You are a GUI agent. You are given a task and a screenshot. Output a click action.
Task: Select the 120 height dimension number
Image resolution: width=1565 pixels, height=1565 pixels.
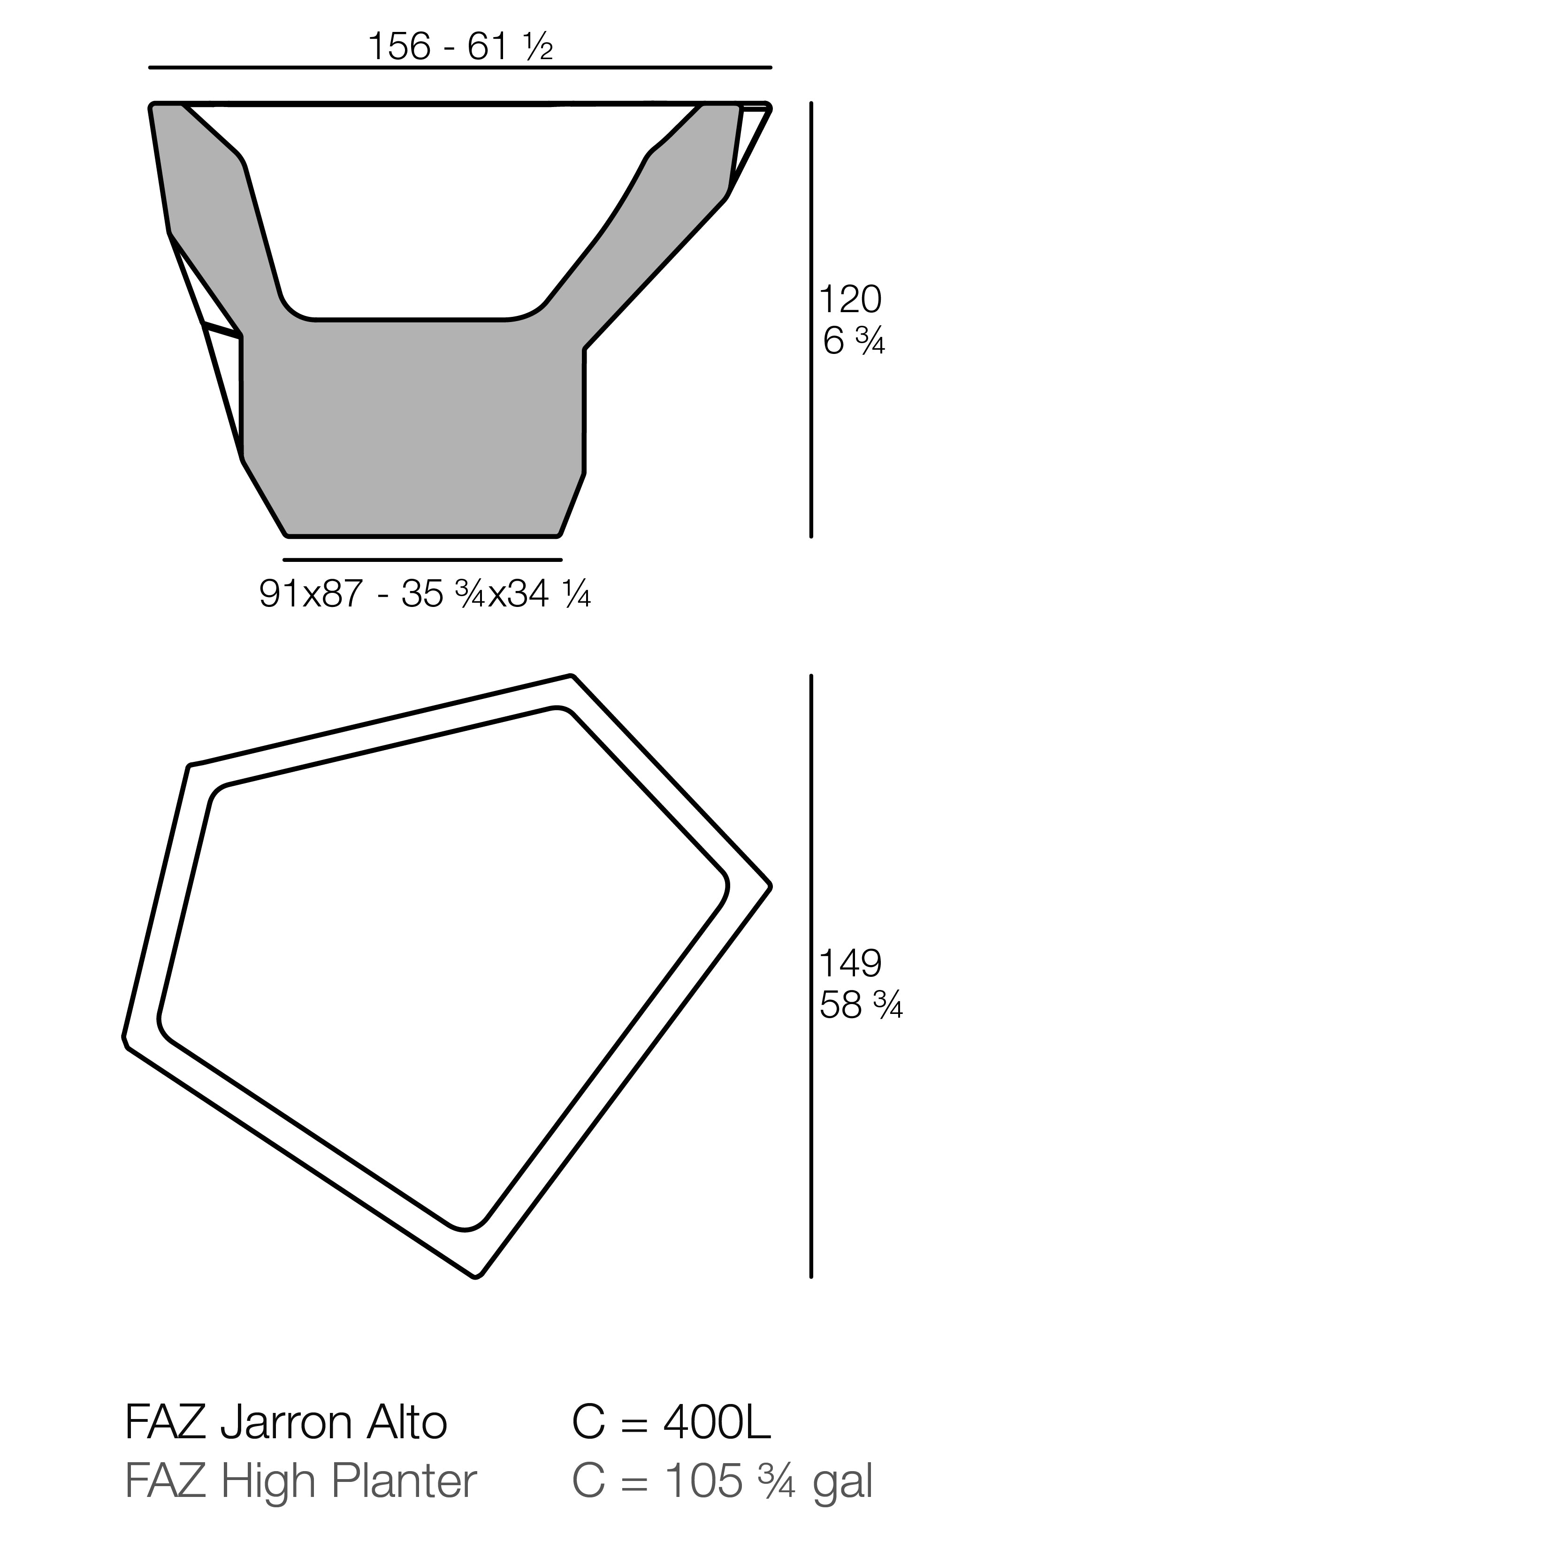point(850,300)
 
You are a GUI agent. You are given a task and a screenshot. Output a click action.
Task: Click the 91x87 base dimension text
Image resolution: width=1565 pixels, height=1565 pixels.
point(310,594)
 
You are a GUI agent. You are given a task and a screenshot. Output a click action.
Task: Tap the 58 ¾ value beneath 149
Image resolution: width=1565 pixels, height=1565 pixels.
point(860,1006)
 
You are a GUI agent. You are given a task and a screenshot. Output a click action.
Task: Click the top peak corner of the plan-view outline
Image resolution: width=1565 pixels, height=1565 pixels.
point(572,676)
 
